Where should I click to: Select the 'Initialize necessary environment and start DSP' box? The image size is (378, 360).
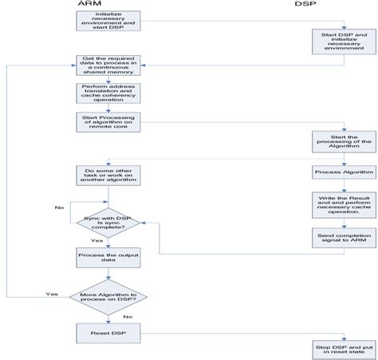(108, 22)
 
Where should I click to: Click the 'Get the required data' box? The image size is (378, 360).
(108, 65)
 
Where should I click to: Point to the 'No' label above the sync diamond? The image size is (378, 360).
(60, 184)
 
